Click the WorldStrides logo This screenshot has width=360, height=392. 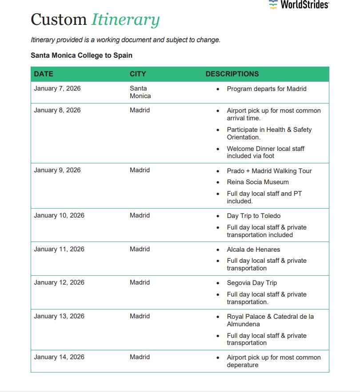point(299,5)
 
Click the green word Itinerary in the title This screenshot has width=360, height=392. point(125,20)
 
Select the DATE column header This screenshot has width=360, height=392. point(44,74)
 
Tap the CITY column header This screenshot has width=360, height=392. point(138,74)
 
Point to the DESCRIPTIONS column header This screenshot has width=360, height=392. point(232,74)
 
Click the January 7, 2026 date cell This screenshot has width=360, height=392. point(57,88)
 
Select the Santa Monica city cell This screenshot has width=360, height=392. point(140,92)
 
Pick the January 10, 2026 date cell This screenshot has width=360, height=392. point(59,215)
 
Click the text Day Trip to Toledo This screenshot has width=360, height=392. point(254,216)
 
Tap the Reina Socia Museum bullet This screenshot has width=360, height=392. point(258,182)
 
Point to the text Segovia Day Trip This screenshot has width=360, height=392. point(252,283)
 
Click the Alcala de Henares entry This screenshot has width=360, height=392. point(253,249)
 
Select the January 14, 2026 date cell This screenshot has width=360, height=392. point(59,357)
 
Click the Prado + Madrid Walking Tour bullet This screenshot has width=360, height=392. point(269,171)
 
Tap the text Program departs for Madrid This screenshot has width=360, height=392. point(267,89)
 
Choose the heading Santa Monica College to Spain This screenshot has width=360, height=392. point(81,55)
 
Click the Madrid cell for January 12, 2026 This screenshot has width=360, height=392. point(140,282)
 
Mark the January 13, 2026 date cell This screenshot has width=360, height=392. point(59,316)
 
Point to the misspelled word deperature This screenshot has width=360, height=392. point(243,365)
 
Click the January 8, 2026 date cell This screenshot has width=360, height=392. point(57,110)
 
